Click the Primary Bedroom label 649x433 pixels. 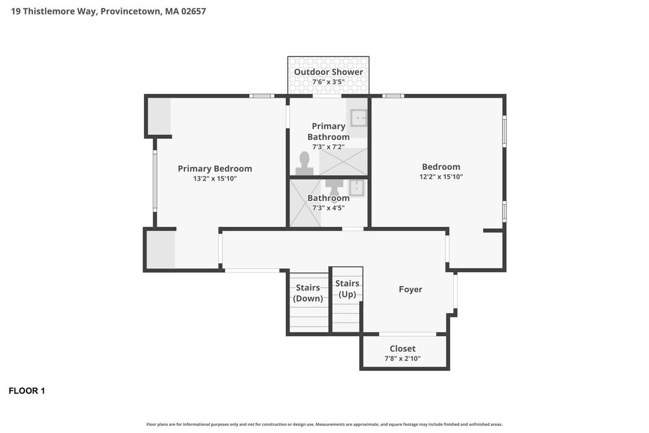(x=215, y=169)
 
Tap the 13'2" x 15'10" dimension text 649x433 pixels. (x=215, y=179)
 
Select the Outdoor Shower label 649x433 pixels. (x=328, y=72)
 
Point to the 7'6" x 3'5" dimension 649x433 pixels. (x=328, y=82)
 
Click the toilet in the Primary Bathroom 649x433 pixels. (x=305, y=164)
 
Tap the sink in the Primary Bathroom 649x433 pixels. (x=359, y=118)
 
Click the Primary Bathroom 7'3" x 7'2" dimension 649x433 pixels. (x=328, y=147)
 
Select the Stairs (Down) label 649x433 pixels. (x=308, y=293)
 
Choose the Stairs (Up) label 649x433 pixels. (x=347, y=288)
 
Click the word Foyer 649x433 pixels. (x=411, y=289)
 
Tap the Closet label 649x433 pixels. (x=402, y=349)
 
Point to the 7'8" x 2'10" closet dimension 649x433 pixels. (x=402, y=358)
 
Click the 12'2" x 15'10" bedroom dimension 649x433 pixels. (x=441, y=177)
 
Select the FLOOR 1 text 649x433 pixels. (x=27, y=391)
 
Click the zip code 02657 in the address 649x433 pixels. (x=193, y=11)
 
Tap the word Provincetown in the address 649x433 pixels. (x=131, y=11)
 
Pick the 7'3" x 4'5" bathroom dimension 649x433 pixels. (x=328, y=208)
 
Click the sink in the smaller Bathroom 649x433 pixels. (x=357, y=188)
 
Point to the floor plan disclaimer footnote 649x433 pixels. (x=324, y=424)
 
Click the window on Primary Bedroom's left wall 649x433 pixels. (x=155, y=181)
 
